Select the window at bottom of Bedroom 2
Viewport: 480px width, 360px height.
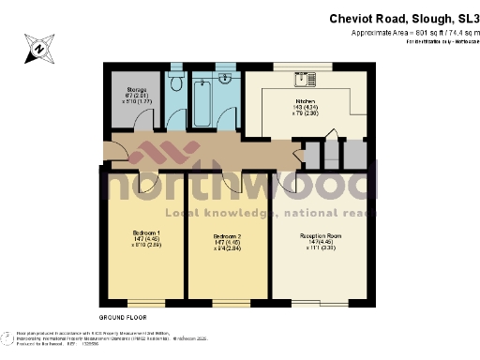[x=231, y=305]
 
